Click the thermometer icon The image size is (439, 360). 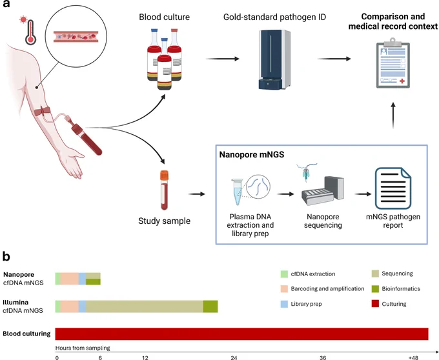pos(30,32)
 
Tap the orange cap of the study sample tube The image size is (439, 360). pos(165,175)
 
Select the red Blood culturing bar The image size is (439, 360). pos(241,334)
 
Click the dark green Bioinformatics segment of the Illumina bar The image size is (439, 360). pos(210,306)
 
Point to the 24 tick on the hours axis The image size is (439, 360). pos(234,357)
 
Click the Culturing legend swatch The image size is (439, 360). pos(375,304)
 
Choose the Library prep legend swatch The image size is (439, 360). pos(284,304)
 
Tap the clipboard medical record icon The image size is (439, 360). pos(393,63)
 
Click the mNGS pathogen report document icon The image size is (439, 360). pos(393,188)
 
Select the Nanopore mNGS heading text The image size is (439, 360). pos(251,155)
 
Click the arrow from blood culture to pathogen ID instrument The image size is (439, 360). pos(223,59)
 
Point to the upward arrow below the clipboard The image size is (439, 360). pos(393,115)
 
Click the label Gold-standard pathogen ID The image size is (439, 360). pos(274,17)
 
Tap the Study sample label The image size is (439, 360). pos(165,221)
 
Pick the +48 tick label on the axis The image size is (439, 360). pos(413,357)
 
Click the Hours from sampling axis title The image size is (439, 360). pos(83,348)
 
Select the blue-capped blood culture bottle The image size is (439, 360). pos(165,64)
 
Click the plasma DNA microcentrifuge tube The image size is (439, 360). pos(237,192)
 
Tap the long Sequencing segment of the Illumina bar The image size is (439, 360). pos(145,306)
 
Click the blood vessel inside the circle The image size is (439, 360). pos(76,37)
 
